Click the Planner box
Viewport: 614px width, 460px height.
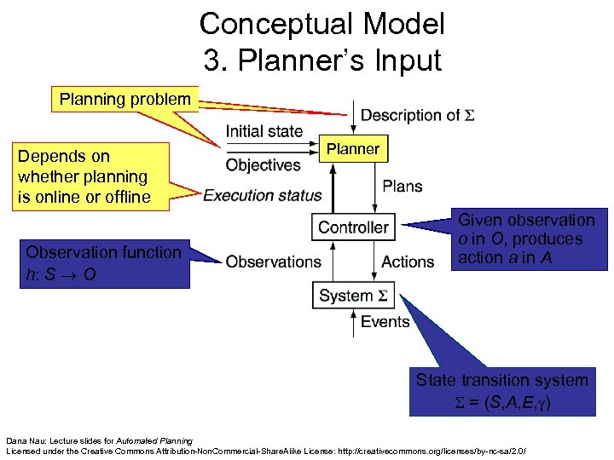click(x=353, y=149)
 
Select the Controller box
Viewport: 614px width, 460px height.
click(x=353, y=227)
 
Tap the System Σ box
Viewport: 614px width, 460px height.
click(x=353, y=296)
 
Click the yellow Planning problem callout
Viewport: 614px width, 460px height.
click(x=125, y=99)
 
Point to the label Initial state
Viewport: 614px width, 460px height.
click(x=264, y=131)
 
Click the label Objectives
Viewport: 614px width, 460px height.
click(x=263, y=164)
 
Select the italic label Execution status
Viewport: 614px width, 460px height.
click(x=263, y=195)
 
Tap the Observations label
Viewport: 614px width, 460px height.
click(x=273, y=262)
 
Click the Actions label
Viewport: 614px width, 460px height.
click(x=408, y=262)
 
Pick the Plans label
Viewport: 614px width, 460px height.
click(x=402, y=186)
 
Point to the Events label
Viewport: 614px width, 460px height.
click(x=385, y=321)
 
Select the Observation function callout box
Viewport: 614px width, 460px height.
click(x=103, y=262)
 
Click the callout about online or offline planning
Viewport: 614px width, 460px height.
click(x=82, y=176)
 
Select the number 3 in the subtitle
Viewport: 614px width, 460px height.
click(x=212, y=60)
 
